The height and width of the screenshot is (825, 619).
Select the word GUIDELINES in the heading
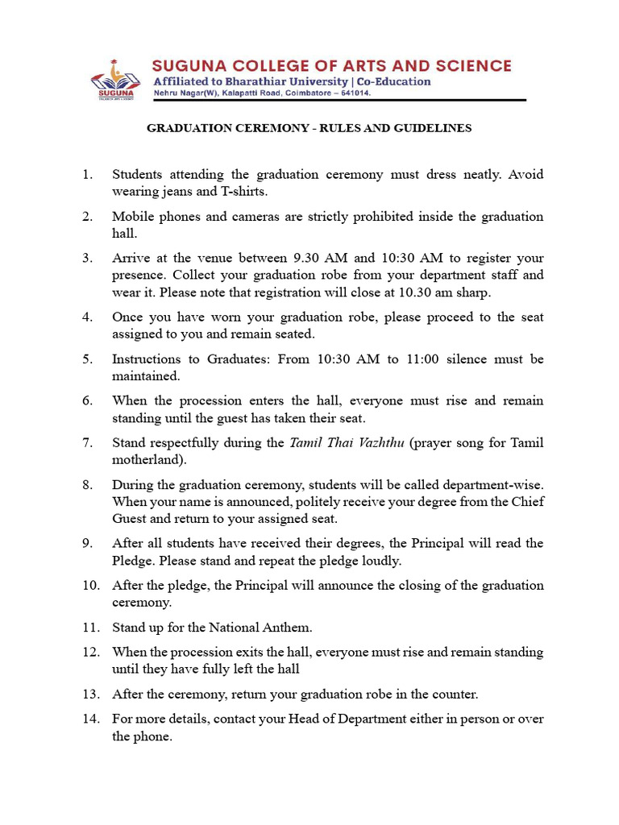point(434,128)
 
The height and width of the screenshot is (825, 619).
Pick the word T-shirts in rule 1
point(244,192)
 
